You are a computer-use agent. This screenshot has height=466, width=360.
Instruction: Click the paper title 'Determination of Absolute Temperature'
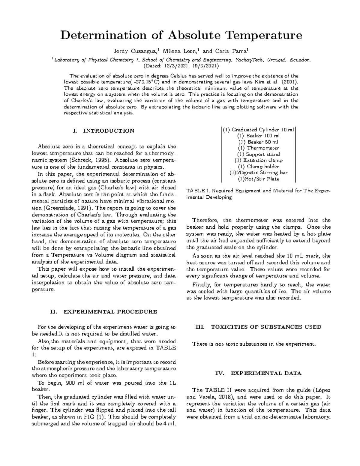(181, 35)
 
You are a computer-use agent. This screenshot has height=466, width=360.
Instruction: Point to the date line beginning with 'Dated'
(181, 65)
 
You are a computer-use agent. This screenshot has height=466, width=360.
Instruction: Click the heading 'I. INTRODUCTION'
(103, 131)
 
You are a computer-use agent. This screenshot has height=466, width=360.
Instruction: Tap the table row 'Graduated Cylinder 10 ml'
(258, 130)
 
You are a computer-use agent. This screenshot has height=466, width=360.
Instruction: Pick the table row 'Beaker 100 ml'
(258, 136)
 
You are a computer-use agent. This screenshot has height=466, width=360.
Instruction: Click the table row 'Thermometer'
(258, 148)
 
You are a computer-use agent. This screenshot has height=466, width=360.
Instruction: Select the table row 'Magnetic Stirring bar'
(258, 173)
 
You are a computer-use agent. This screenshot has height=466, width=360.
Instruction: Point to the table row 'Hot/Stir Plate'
(258, 179)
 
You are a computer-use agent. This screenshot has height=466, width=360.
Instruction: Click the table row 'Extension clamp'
(258, 160)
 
